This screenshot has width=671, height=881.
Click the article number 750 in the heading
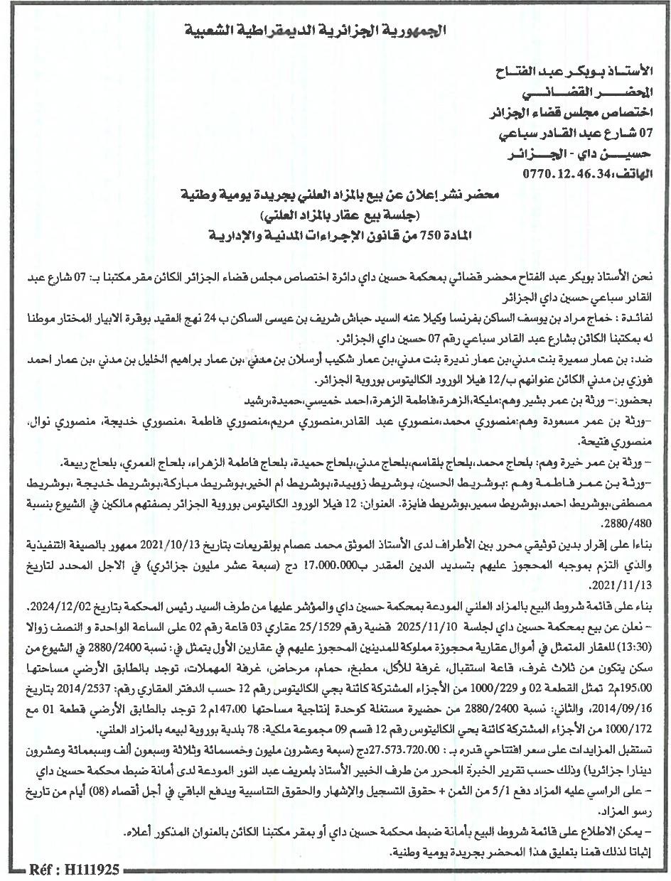pyautogui.click(x=440, y=234)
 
